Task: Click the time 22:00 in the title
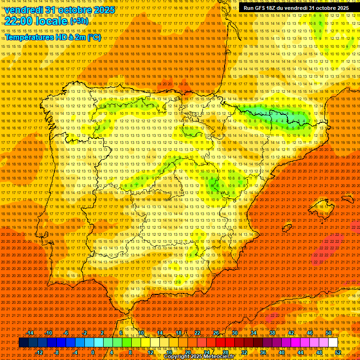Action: click(x=19, y=21)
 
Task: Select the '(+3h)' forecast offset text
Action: click(x=78, y=22)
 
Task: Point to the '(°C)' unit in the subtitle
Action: click(x=94, y=37)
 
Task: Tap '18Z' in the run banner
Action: click(x=273, y=8)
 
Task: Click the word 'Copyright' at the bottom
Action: click(x=178, y=357)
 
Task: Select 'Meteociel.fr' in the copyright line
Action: click(x=225, y=357)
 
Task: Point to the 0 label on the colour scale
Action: click(x=93, y=352)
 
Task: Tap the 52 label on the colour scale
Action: click(x=337, y=352)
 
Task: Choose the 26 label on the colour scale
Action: click(x=216, y=333)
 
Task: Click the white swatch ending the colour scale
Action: click(x=333, y=343)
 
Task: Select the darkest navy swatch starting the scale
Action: click(x=23, y=343)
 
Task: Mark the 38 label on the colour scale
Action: click(x=272, y=333)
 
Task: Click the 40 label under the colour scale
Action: click(x=281, y=352)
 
